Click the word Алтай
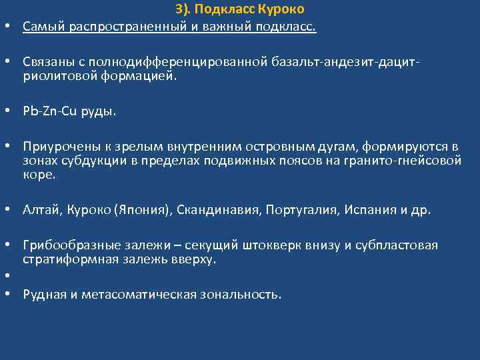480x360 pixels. (43, 211)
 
